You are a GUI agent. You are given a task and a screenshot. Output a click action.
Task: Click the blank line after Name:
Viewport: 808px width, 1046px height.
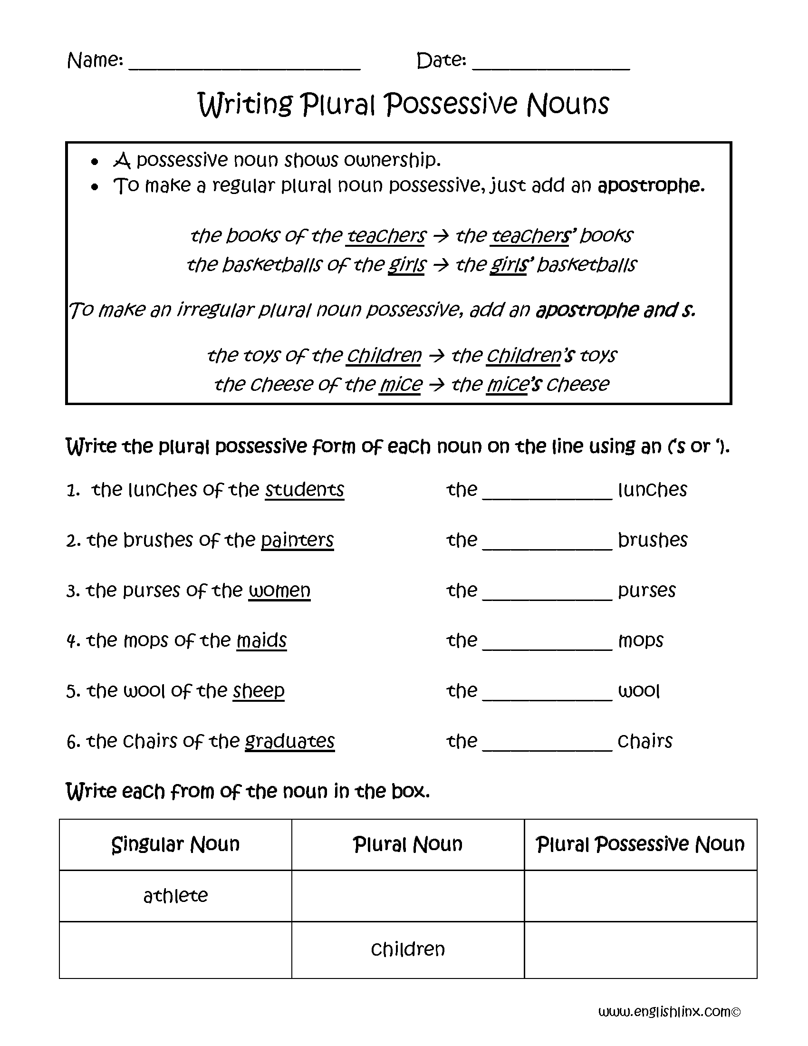[x=244, y=65]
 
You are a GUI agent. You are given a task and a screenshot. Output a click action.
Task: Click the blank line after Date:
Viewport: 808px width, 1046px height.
[x=550, y=65]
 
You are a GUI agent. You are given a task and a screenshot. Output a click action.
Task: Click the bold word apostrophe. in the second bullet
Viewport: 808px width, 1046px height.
[x=651, y=185]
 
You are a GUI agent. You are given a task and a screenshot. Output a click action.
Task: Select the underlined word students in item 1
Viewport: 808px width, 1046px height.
[x=305, y=490]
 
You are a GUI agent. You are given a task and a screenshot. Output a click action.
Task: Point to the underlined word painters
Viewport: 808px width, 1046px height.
[x=297, y=540]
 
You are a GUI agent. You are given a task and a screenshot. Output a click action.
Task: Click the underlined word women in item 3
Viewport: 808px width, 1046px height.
[x=279, y=591]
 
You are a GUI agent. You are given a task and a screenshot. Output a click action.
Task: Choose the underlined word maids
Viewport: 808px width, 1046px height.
[x=261, y=640]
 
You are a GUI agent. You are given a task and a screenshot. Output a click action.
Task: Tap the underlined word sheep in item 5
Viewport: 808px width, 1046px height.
[x=259, y=691]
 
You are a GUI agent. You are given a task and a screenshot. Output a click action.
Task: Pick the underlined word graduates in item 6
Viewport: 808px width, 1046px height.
[x=289, y=741]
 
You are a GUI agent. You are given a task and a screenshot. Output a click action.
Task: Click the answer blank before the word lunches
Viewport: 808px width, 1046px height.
[x=547, y=494]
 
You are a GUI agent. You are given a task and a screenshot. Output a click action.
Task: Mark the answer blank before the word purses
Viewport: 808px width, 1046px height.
[x=547, y=594]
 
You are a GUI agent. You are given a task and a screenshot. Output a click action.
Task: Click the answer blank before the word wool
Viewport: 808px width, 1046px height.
[x=547, y=695]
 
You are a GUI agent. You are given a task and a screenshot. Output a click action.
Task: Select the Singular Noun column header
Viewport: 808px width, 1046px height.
[x=175, y=844]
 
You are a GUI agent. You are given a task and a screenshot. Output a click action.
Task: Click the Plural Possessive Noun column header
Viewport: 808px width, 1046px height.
[x=641, y=844]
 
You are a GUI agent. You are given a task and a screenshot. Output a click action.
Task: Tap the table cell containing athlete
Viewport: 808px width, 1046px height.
[x=175, y=896]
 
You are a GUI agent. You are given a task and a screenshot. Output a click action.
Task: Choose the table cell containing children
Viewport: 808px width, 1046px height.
[x=408, y=949]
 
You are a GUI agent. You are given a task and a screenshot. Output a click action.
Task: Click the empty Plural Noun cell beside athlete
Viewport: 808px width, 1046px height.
[x=408, y=896]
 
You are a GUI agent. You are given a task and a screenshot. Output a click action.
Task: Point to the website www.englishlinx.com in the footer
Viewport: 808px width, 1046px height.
[x=669, y=1011]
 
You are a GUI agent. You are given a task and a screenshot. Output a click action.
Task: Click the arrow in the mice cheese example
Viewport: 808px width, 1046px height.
[x=436, y=385]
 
